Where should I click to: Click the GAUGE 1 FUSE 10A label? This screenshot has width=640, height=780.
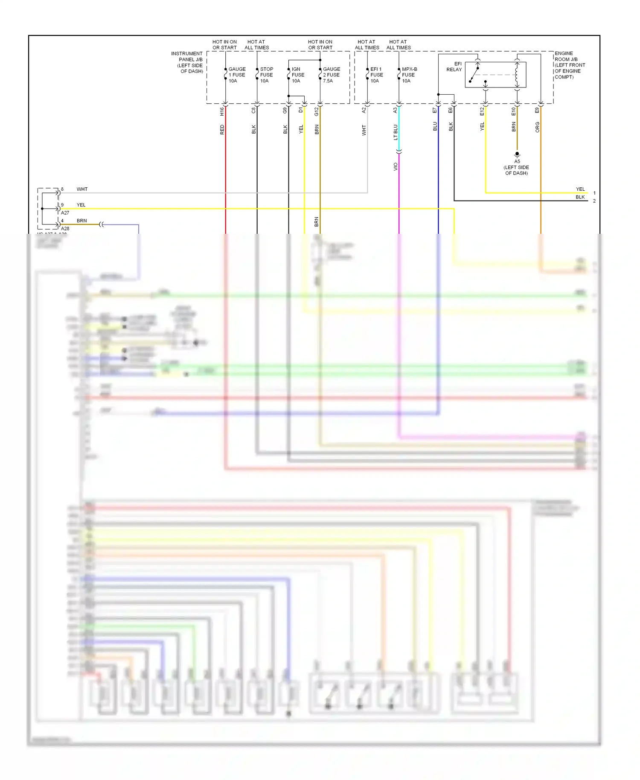237,75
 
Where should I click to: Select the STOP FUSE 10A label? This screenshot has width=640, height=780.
267,75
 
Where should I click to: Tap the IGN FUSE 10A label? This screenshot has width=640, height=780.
298,75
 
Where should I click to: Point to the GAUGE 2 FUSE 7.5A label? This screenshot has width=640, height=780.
332,75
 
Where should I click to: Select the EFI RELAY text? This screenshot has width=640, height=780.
454,67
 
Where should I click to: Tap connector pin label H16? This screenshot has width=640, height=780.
222,111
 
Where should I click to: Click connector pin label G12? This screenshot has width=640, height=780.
317,111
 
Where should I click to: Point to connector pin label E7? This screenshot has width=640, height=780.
435,111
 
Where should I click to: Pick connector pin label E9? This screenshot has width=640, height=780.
537,111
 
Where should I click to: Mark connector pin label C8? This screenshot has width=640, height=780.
253,110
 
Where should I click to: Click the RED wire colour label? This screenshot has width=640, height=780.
222,130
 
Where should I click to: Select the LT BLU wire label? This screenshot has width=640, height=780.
396,132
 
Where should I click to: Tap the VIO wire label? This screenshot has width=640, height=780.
396,167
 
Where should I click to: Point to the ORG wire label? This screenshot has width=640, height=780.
537,127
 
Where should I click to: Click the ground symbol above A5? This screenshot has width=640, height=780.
517,154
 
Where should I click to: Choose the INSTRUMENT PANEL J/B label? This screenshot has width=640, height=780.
187,62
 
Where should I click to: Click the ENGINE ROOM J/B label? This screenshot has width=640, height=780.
570,65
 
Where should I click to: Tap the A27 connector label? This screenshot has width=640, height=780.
65,212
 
